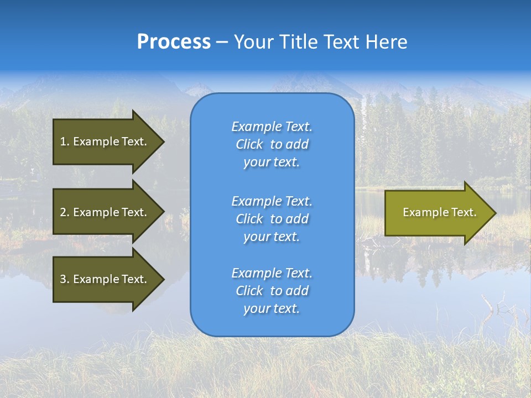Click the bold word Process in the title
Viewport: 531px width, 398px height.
pyautogui.click(x=174, y=42)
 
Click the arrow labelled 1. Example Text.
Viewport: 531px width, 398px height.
pyautogui.click(x=105, y=142)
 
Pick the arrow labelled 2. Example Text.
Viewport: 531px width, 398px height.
pyautogui.click(x=105, y=212)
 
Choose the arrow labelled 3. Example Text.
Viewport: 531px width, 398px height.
pyautogui.click(x=105, y=279)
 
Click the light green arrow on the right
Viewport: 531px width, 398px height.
pyautogui.click(x=437, y=212)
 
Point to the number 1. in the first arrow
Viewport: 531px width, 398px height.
pyautogui.click(x=65, y=142)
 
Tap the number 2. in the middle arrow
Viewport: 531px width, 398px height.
pyautogui.click(x=65, y=212)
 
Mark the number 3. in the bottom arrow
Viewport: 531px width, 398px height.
pyautogui.click(x=65, y=279)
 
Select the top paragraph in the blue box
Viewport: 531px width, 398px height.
pyautogui.click(x=272, y=144)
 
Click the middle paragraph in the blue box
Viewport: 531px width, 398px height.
pyautogui.click(x=272, y=219)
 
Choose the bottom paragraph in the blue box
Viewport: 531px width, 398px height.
pyautogui.click(x=272, y=291)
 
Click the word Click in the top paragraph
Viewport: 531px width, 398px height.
pyautogui.click(x=249, y=144)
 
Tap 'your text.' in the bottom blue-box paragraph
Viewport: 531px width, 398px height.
pyautogui.click(x=272, y=308)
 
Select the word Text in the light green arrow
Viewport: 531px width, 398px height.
pyautogui.click(x=464, y=212)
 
